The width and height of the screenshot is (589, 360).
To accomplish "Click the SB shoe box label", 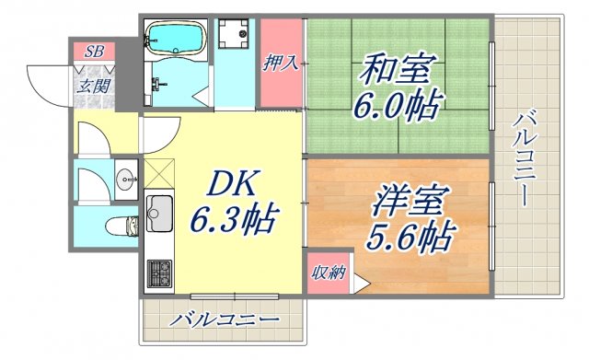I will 95,52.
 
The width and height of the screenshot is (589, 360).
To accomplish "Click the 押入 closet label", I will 280,63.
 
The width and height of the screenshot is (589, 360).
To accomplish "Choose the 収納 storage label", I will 329,273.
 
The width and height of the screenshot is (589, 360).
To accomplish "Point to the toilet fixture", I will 121,225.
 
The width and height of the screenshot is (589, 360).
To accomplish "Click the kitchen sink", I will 160,214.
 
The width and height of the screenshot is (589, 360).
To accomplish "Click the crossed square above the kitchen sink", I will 160,172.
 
